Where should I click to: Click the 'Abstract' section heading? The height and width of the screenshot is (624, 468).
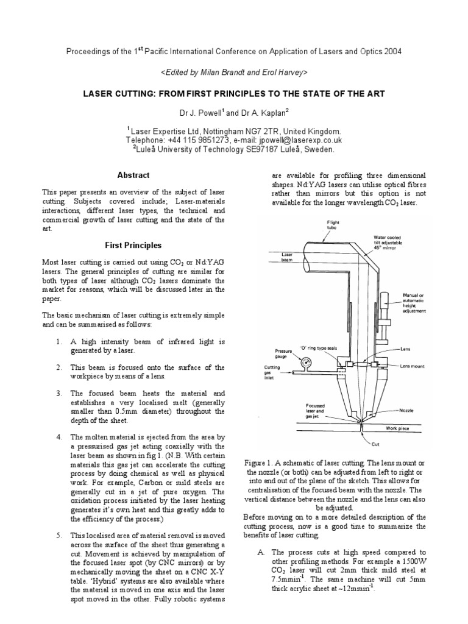(133, 175)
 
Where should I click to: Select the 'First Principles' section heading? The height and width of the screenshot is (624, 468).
(133, 246)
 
